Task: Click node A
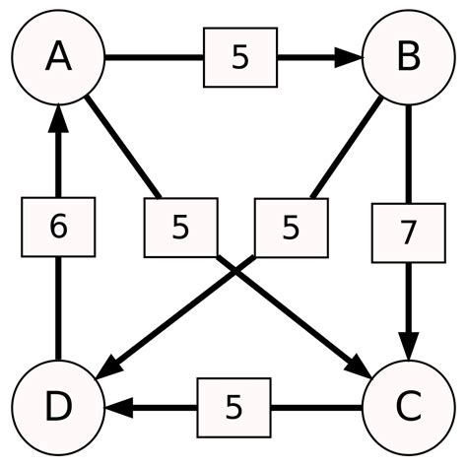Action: click(58, 58)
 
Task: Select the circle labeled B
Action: click(408, 58)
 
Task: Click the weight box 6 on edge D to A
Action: click(58, 228)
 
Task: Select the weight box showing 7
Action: click(408, 233)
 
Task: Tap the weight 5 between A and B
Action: click(240, 58)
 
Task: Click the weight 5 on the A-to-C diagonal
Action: click(179, 228)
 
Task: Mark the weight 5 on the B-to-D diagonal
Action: click(291, 228)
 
